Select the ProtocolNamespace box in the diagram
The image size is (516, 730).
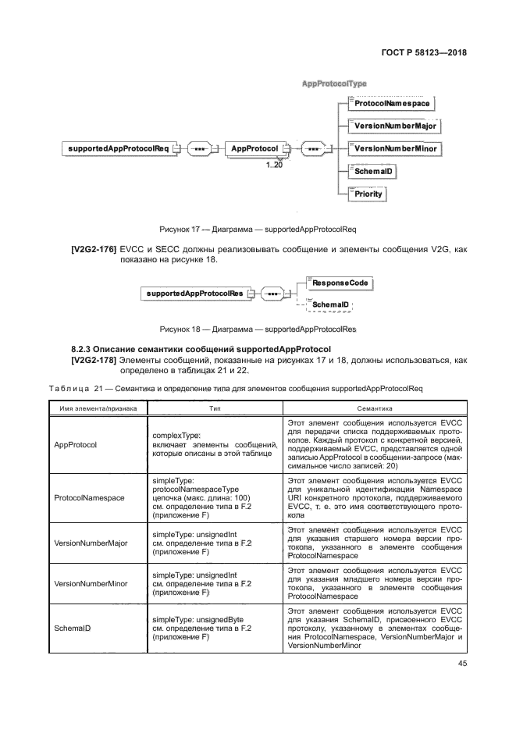click(390, 103)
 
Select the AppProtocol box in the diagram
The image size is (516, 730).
click(254, 148)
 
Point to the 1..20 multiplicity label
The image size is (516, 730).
click(274, 165)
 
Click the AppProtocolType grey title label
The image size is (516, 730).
click(334, 83)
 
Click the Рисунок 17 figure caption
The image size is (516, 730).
click(258, 230)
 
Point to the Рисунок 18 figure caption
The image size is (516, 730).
click(258, 329)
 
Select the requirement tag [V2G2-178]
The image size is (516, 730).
click(93, 360)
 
